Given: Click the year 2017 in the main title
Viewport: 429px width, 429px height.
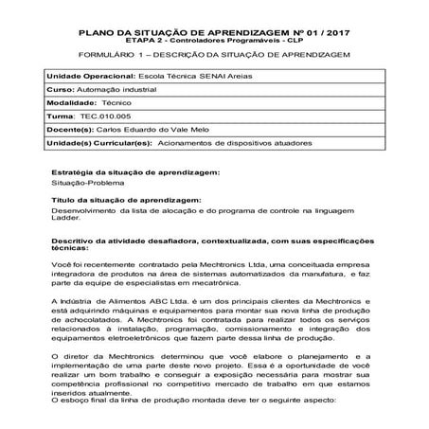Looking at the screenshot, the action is point(335,31).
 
